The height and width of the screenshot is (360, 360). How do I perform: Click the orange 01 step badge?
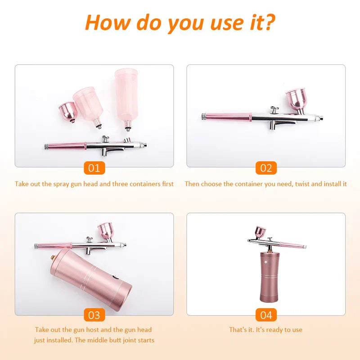(x=94, y=168)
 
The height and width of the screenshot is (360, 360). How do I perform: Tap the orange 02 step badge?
(x=266, y=168)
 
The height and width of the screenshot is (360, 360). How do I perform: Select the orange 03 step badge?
(x=94, y=315)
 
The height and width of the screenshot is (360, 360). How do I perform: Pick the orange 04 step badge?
(x=266, y=315)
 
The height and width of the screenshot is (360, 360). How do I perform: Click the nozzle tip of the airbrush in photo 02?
(x=321, y=118)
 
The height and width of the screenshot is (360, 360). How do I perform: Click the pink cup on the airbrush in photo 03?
(x=107, y=231)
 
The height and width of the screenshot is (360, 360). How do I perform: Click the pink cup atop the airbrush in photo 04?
(x=260, y=232)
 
